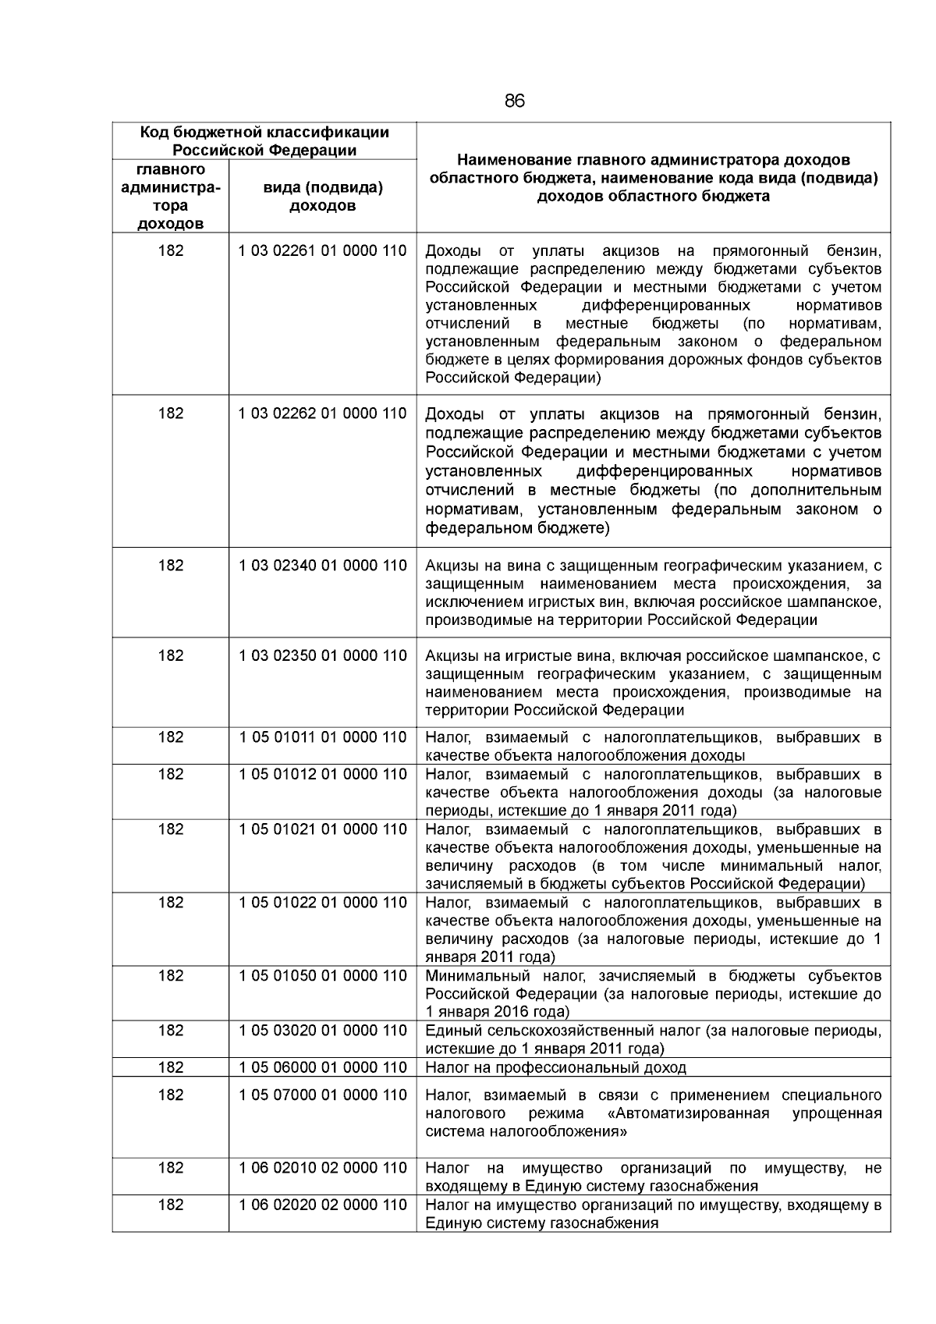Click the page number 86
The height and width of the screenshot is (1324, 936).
click(515, 101)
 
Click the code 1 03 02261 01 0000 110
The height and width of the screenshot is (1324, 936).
click(322, 251)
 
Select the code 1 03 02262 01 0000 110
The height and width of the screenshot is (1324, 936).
click(322, 414)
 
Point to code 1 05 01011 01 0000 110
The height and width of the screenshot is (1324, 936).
click(322, 737)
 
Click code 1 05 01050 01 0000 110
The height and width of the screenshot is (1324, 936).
click(322, 976)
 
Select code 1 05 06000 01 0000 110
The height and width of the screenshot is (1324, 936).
click(322, 1067)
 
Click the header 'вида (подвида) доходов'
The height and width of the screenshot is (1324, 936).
click(322, 197)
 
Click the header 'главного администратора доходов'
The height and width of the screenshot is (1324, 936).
click(170, 197)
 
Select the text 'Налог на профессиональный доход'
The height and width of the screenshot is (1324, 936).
click(555, 1067)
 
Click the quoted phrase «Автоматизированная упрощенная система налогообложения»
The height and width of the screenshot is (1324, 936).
click(654, 1123)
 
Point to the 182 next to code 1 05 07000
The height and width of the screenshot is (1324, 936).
click(170, 1095)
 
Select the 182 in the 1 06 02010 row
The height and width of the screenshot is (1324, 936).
click(170, 1168)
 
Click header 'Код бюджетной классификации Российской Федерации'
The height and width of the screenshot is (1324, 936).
click(264, 141)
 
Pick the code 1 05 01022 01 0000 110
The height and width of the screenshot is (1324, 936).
click(322, 903)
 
